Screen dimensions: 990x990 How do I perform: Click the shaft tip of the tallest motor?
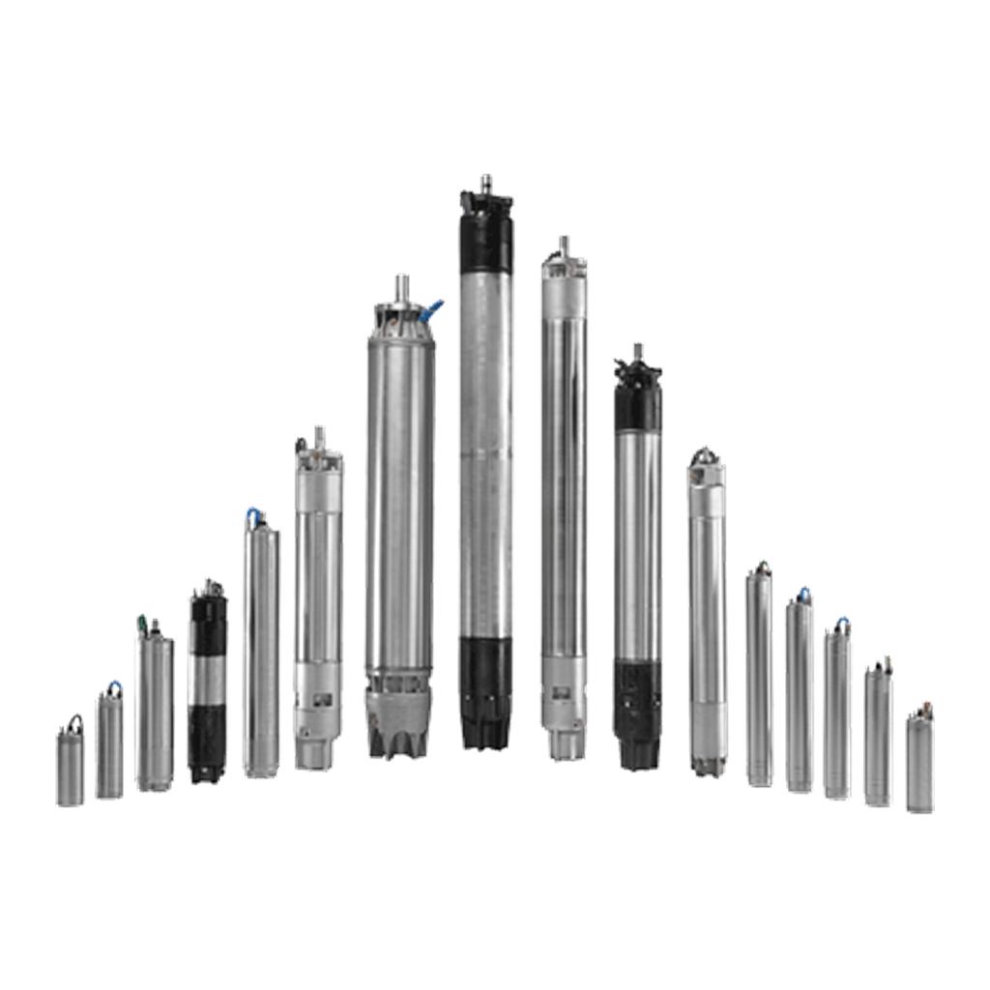coord(487,183)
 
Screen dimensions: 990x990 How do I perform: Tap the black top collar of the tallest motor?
coord(486,232)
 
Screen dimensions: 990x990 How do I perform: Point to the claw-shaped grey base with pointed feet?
coord(398,720)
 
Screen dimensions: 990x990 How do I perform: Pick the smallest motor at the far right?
coord(919,764)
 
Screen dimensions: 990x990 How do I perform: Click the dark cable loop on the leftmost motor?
coord(73,722)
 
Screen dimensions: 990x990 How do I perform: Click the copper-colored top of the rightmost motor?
coord(921,711)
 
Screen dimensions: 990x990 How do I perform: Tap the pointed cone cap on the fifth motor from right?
coord(707,454)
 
